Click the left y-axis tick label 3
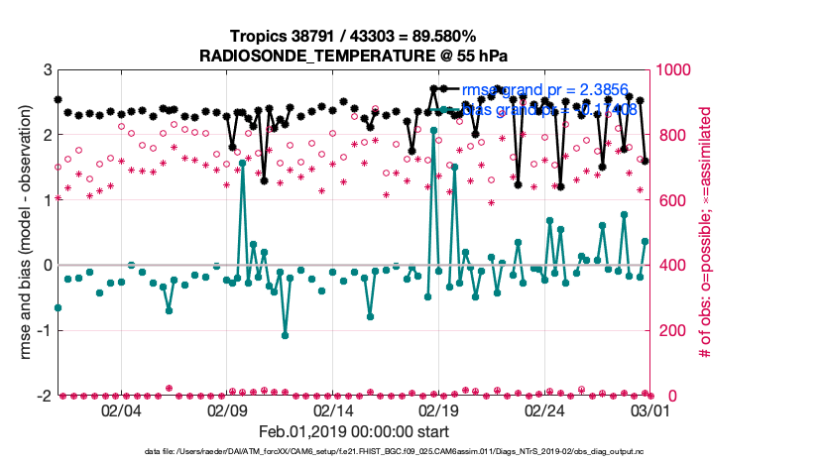[47, 70]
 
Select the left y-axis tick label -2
[44, 396]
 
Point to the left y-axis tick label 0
[47, 266]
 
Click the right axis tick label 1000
[675, 70]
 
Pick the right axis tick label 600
[670, 200]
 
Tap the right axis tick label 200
[670, 330]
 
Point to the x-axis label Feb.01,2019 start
[354, 432]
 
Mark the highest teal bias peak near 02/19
[434, 130]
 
